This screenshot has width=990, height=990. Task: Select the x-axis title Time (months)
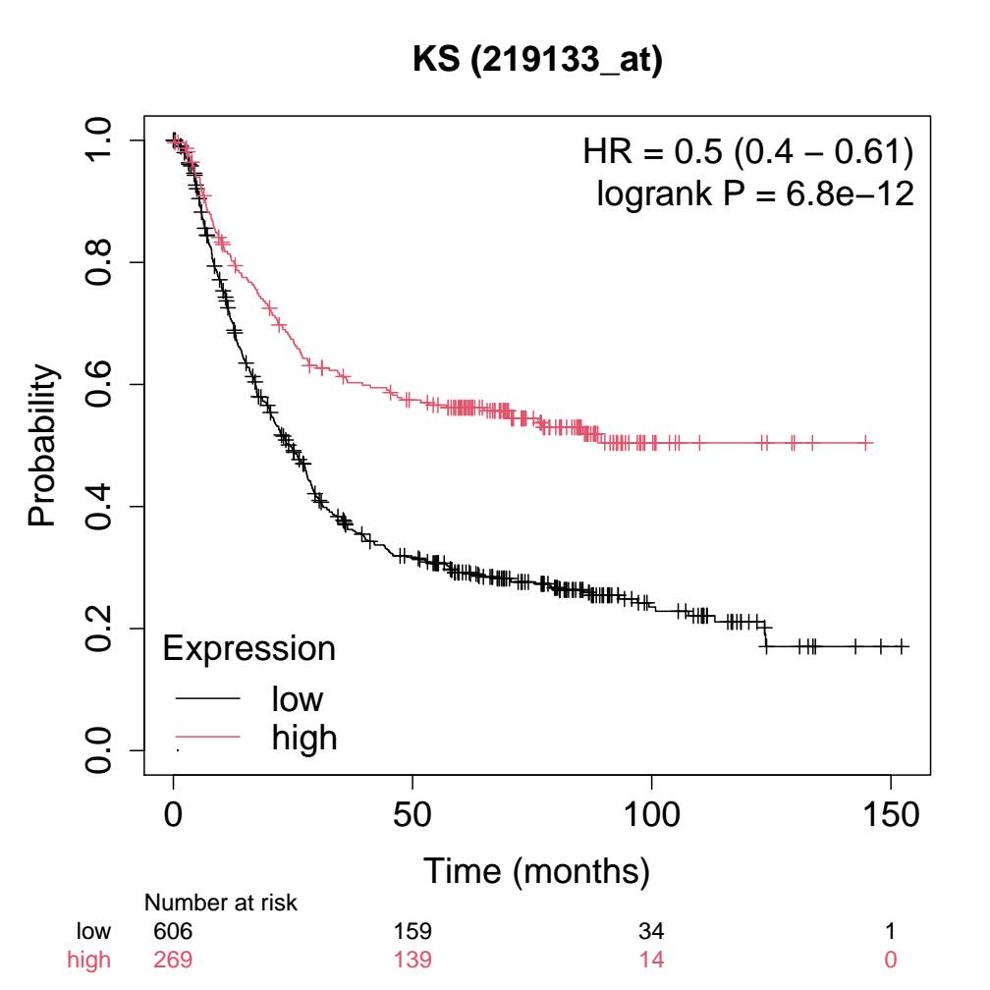click(536, 869)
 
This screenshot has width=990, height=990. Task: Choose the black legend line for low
click(208, 699)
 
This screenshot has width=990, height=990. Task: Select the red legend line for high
click(208, 737)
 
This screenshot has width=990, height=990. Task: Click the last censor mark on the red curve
click(867, 444)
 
